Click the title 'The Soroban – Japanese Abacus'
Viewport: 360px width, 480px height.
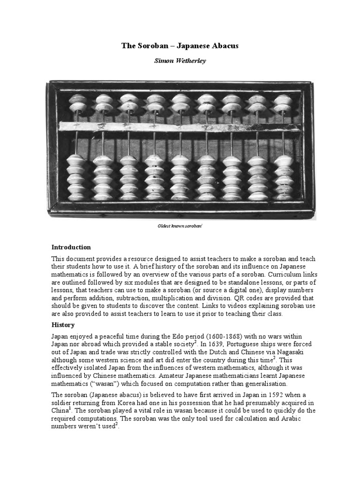coord(180,45)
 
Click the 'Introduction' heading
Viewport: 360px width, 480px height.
coord(71,247)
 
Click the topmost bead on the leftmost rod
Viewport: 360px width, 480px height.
coord(77,99)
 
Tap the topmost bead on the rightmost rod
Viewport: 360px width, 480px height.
coord(283,99)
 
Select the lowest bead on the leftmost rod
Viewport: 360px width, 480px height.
coord(76,196)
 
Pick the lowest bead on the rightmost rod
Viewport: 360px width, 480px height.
coord(284,196)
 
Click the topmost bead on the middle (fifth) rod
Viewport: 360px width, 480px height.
coord(180,99)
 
